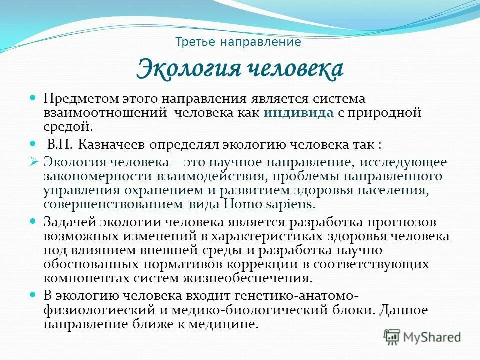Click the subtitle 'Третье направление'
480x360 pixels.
coord(238,42)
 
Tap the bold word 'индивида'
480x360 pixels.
coord(299,112)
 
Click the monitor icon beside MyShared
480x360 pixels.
coord(392,337)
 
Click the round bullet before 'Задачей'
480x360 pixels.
coord(34,220)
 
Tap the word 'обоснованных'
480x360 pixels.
coord(89,264)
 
